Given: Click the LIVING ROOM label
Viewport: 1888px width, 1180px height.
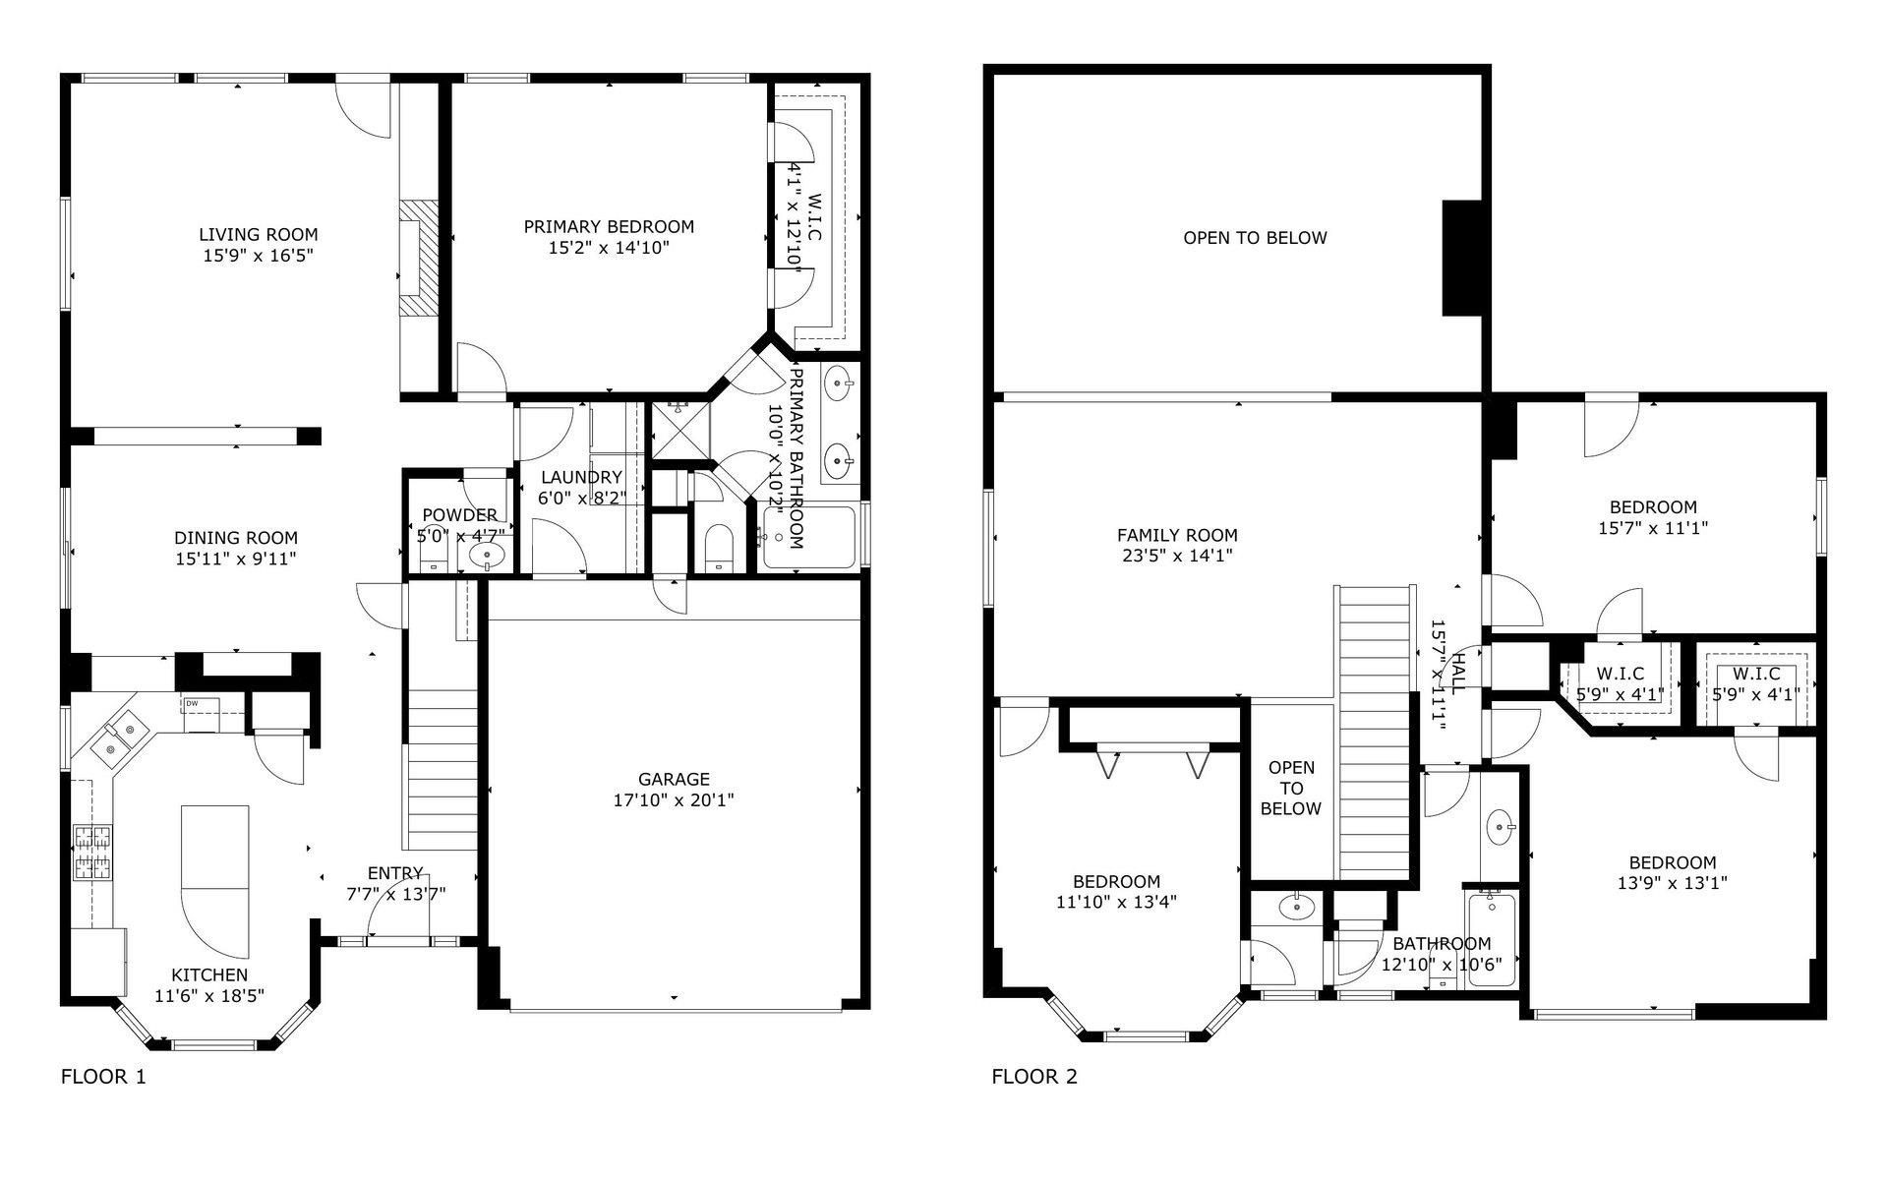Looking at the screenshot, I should (259, 234).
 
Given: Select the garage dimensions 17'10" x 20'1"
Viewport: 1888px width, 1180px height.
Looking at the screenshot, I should (674, 800).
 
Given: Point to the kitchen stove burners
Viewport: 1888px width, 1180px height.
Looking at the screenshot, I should (93, 852).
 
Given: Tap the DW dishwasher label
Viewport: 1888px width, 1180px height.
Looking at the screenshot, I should (191, 704).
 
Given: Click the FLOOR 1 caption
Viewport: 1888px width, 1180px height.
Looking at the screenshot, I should (103, 1077).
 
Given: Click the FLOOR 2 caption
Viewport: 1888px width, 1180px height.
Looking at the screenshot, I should (1033, 1077).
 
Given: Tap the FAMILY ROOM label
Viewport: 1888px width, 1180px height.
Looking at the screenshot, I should (1177, 535).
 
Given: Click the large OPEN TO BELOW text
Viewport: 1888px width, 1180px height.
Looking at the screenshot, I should (1255, 237).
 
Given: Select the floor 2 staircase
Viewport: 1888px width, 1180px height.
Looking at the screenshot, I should (1375, 733).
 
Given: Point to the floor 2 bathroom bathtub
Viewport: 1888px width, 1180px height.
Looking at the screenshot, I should (1491, 939).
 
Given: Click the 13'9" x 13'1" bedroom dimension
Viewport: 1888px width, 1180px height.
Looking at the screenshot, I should (1672, 883).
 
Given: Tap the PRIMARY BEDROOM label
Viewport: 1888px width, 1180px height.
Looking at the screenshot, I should (609, 226).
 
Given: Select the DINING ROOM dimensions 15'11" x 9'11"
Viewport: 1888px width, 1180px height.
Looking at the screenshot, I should (236, 559).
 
